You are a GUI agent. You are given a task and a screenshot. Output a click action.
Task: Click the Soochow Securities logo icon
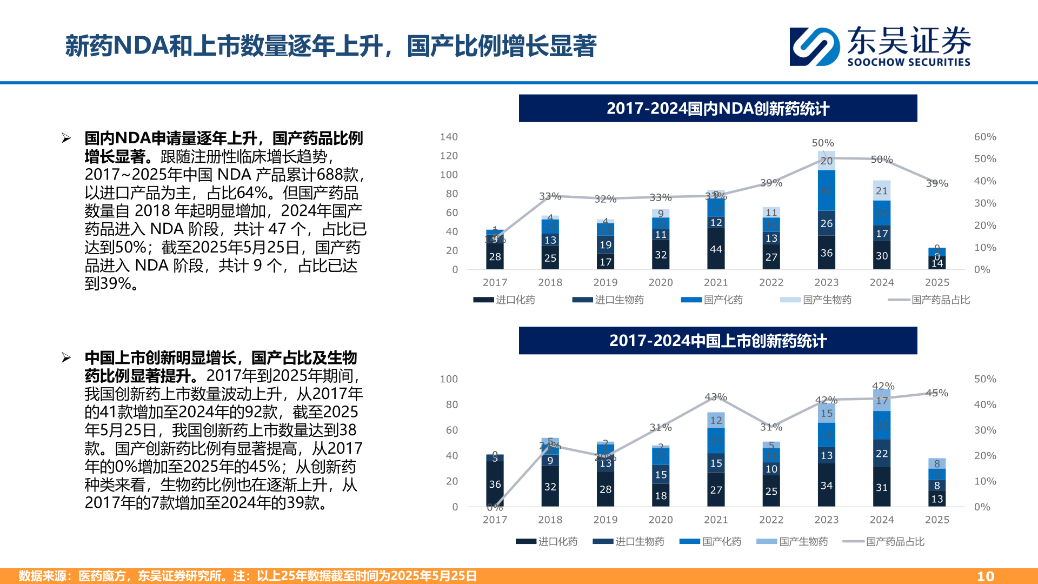[x=815, y=47]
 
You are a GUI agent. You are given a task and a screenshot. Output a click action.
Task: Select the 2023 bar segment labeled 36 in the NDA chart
[x=826, y=253]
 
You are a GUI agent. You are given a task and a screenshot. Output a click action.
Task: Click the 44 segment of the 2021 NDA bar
[x=716, y=249]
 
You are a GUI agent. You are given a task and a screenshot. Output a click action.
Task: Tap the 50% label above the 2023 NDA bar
[x=822, y=143]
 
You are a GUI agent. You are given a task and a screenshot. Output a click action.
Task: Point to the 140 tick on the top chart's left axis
[x=449, y=137]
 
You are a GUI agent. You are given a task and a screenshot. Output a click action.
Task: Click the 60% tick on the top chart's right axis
[x=984, y=137]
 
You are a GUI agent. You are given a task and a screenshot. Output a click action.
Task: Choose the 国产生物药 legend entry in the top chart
[x=816, y=300]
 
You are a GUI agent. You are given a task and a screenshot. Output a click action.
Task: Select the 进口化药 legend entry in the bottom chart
[x=547, y=541]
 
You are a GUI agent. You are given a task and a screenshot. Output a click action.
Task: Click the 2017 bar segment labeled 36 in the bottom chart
[x=495, y=484]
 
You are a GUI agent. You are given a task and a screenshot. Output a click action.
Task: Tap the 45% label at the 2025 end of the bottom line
[x=936, y=393]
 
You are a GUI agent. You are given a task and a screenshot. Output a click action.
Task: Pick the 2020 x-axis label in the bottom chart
[x=660, y=520]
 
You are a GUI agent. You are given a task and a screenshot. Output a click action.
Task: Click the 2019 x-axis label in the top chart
[x=605, y=282]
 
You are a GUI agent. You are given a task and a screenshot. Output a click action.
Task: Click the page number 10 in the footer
[x=985, y=576]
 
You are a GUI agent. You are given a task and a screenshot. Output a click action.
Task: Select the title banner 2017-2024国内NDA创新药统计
[x=717, y=108]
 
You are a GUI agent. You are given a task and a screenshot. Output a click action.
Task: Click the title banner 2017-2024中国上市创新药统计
[x=717, y=341]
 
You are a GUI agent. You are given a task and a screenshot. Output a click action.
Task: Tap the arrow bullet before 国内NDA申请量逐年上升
[x=66, y=138]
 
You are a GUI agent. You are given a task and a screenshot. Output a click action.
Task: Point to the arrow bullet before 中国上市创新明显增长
[x=66, y=357]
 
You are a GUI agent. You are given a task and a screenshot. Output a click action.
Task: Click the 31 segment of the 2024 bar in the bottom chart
[x=881, y=487]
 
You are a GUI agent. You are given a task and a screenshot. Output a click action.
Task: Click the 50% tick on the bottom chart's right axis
[x=984, y=379]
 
